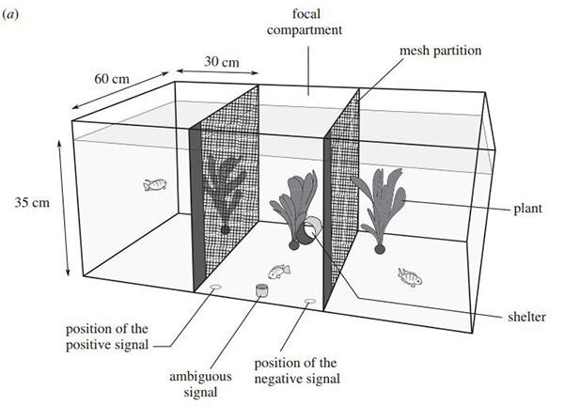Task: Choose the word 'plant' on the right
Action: click(527, 208)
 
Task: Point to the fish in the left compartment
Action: click(154, 185)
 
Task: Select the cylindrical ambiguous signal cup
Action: click(261, 291)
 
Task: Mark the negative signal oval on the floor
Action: click(309, 302)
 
